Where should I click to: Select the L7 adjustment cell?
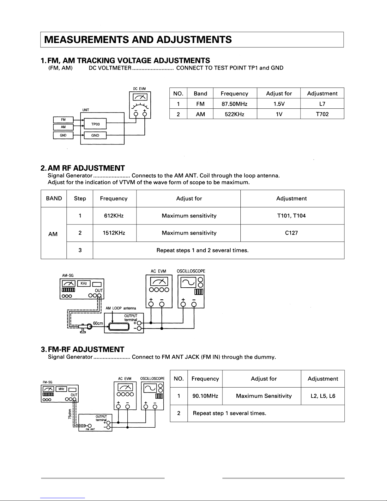point(322,104)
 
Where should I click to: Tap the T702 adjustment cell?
point(322,114)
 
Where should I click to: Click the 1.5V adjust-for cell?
point(279,104)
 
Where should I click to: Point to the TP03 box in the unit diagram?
point(95,124)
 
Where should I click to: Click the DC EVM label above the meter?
point(139,89)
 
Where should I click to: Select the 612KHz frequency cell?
point(114,216)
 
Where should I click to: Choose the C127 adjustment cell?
point(291,233)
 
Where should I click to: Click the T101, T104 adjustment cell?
point(291,216)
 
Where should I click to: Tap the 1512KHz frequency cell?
point(114,233)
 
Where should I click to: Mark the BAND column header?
point(54,198)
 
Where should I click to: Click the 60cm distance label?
point(98,323)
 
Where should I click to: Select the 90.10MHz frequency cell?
point(205,396)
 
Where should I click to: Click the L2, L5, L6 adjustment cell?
point(323,396)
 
